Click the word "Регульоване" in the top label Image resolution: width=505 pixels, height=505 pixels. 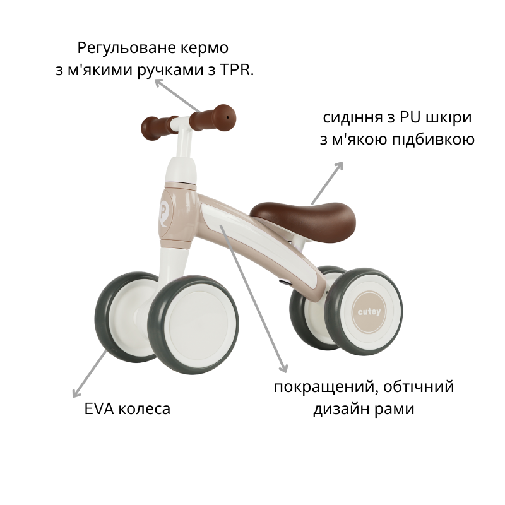127,49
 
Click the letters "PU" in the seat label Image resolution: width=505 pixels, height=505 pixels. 410,117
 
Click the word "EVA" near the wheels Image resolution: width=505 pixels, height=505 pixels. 99,409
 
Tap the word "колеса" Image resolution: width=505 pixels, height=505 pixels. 145,409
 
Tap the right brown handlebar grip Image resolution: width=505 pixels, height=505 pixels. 213,118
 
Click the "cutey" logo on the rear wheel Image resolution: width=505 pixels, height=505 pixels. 369,312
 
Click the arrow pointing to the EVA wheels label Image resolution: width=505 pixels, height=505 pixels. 90,374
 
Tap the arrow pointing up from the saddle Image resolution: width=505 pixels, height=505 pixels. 327,183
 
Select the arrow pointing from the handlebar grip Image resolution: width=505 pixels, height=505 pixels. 178,95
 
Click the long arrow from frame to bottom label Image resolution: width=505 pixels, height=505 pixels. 254,299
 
